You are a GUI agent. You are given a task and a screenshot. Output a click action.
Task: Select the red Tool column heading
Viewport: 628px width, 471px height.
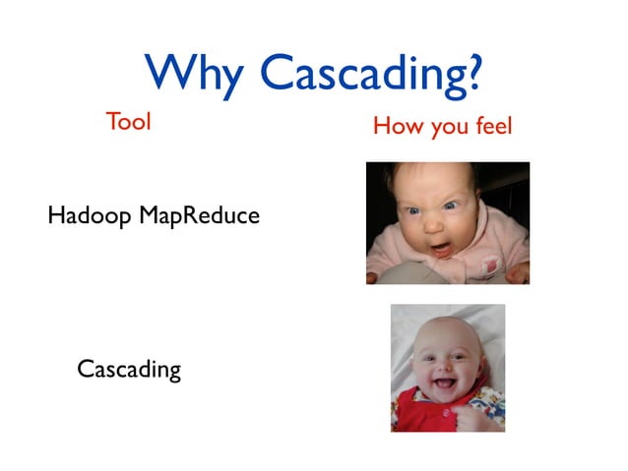[128, 123]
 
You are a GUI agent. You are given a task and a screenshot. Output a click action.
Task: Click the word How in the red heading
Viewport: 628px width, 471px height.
[396, 126]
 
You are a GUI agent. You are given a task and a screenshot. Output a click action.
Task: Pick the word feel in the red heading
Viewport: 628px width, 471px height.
[490, 126]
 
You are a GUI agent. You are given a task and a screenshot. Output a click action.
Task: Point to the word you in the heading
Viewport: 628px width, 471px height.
[443, 128]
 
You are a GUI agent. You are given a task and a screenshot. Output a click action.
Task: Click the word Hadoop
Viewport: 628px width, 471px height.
[90, 215]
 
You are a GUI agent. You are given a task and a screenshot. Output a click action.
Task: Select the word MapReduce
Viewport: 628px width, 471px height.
[199, 215]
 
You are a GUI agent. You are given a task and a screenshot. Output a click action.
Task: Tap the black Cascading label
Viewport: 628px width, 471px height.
[129, 370]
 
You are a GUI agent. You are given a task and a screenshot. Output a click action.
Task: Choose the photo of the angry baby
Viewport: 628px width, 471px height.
[447, 223]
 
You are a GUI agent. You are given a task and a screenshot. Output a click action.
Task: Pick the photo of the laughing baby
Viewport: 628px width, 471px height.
[448, 367]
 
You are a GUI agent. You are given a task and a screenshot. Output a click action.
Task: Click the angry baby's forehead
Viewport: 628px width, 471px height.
[438, 187]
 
